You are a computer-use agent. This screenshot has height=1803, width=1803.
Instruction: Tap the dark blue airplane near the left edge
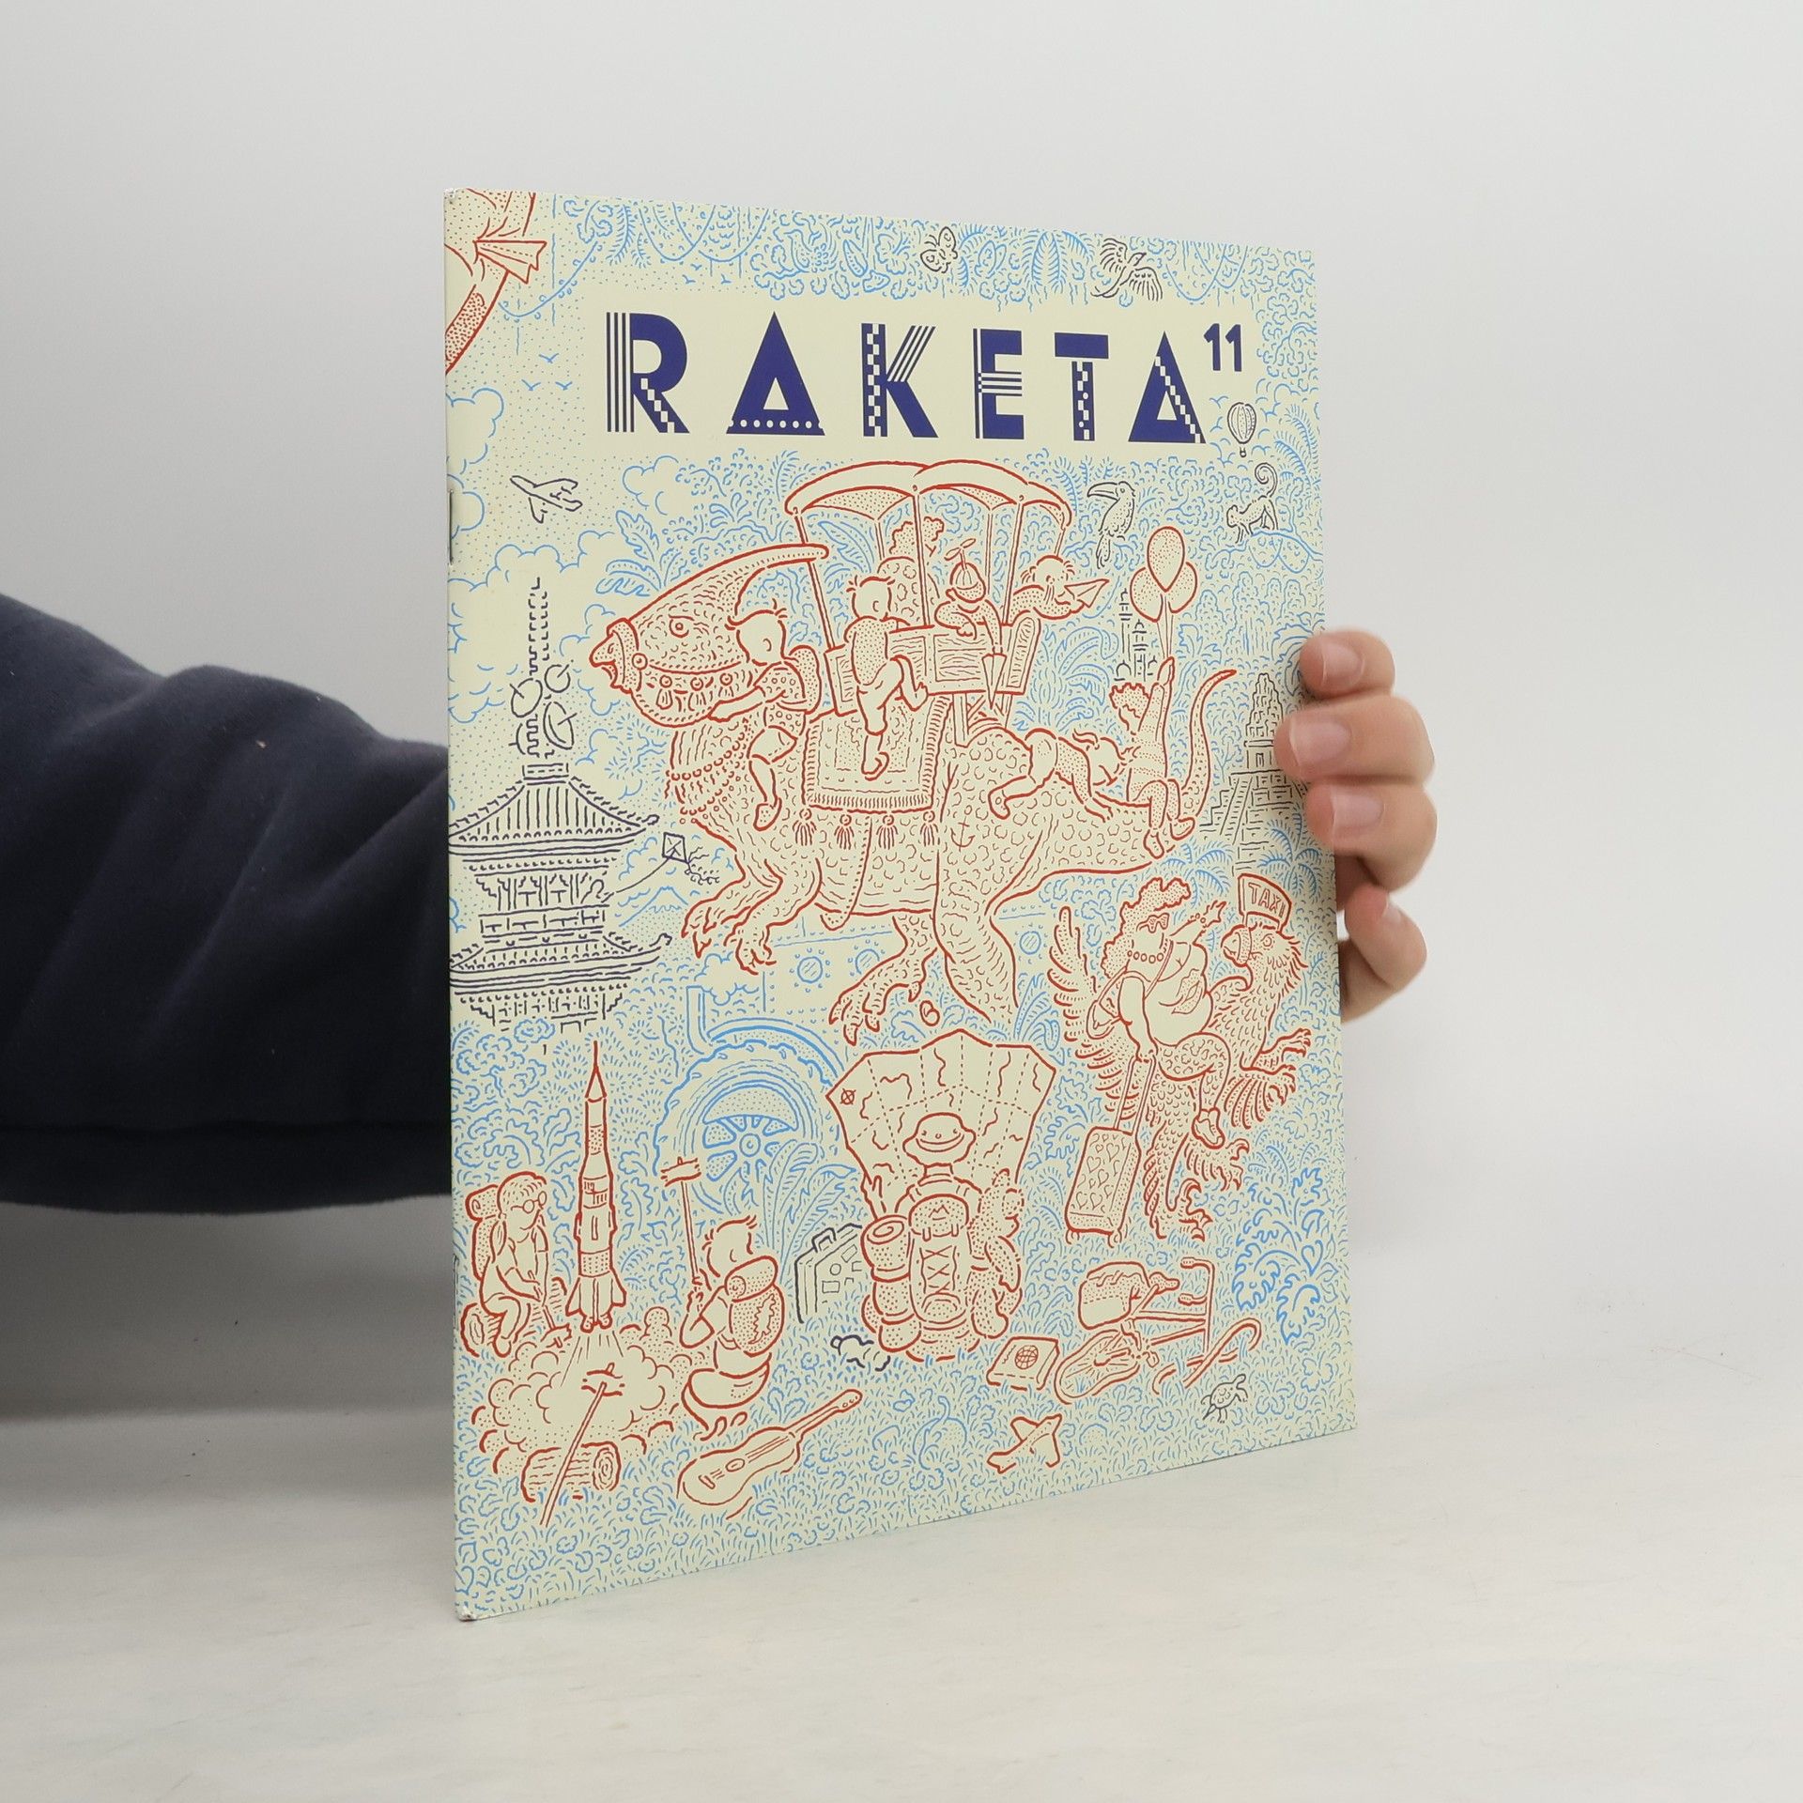546,495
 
